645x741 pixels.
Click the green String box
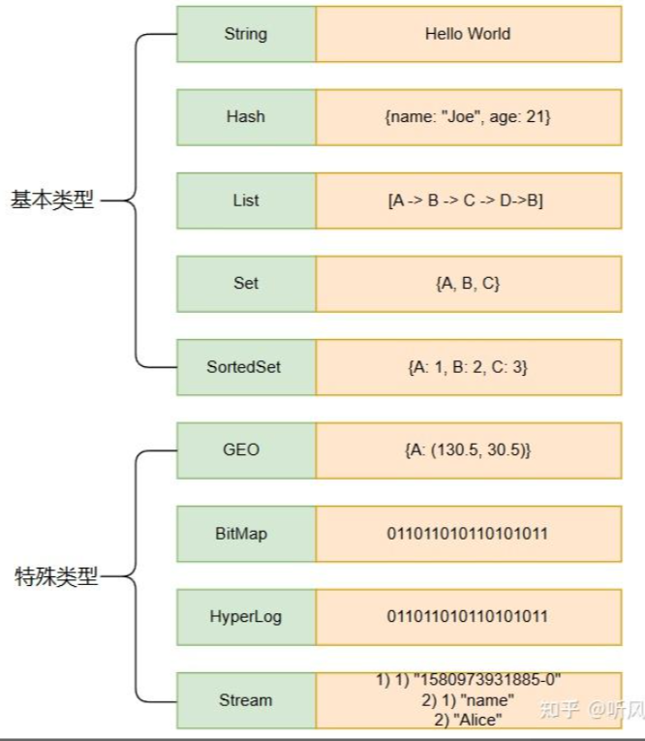[246, 34]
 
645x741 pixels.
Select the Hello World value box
[468, 34]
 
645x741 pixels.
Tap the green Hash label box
[246, 117]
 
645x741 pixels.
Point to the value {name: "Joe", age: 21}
[468, 117]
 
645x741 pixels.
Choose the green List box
[246, 201]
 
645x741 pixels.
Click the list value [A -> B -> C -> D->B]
[468, 201]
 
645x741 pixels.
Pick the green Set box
[246, 284]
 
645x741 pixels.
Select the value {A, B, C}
[468, 284]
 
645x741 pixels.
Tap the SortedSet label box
[246, 367]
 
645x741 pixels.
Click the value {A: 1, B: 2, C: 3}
[468, 367]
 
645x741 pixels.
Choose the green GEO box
[246, 450]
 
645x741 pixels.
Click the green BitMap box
[246, 534]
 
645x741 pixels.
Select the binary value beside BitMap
[468, 534]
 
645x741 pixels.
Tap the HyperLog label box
[246, 617]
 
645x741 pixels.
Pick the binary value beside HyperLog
[468, 617]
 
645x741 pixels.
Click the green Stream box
[246, 699]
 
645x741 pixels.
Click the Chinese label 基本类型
[52, 201]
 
